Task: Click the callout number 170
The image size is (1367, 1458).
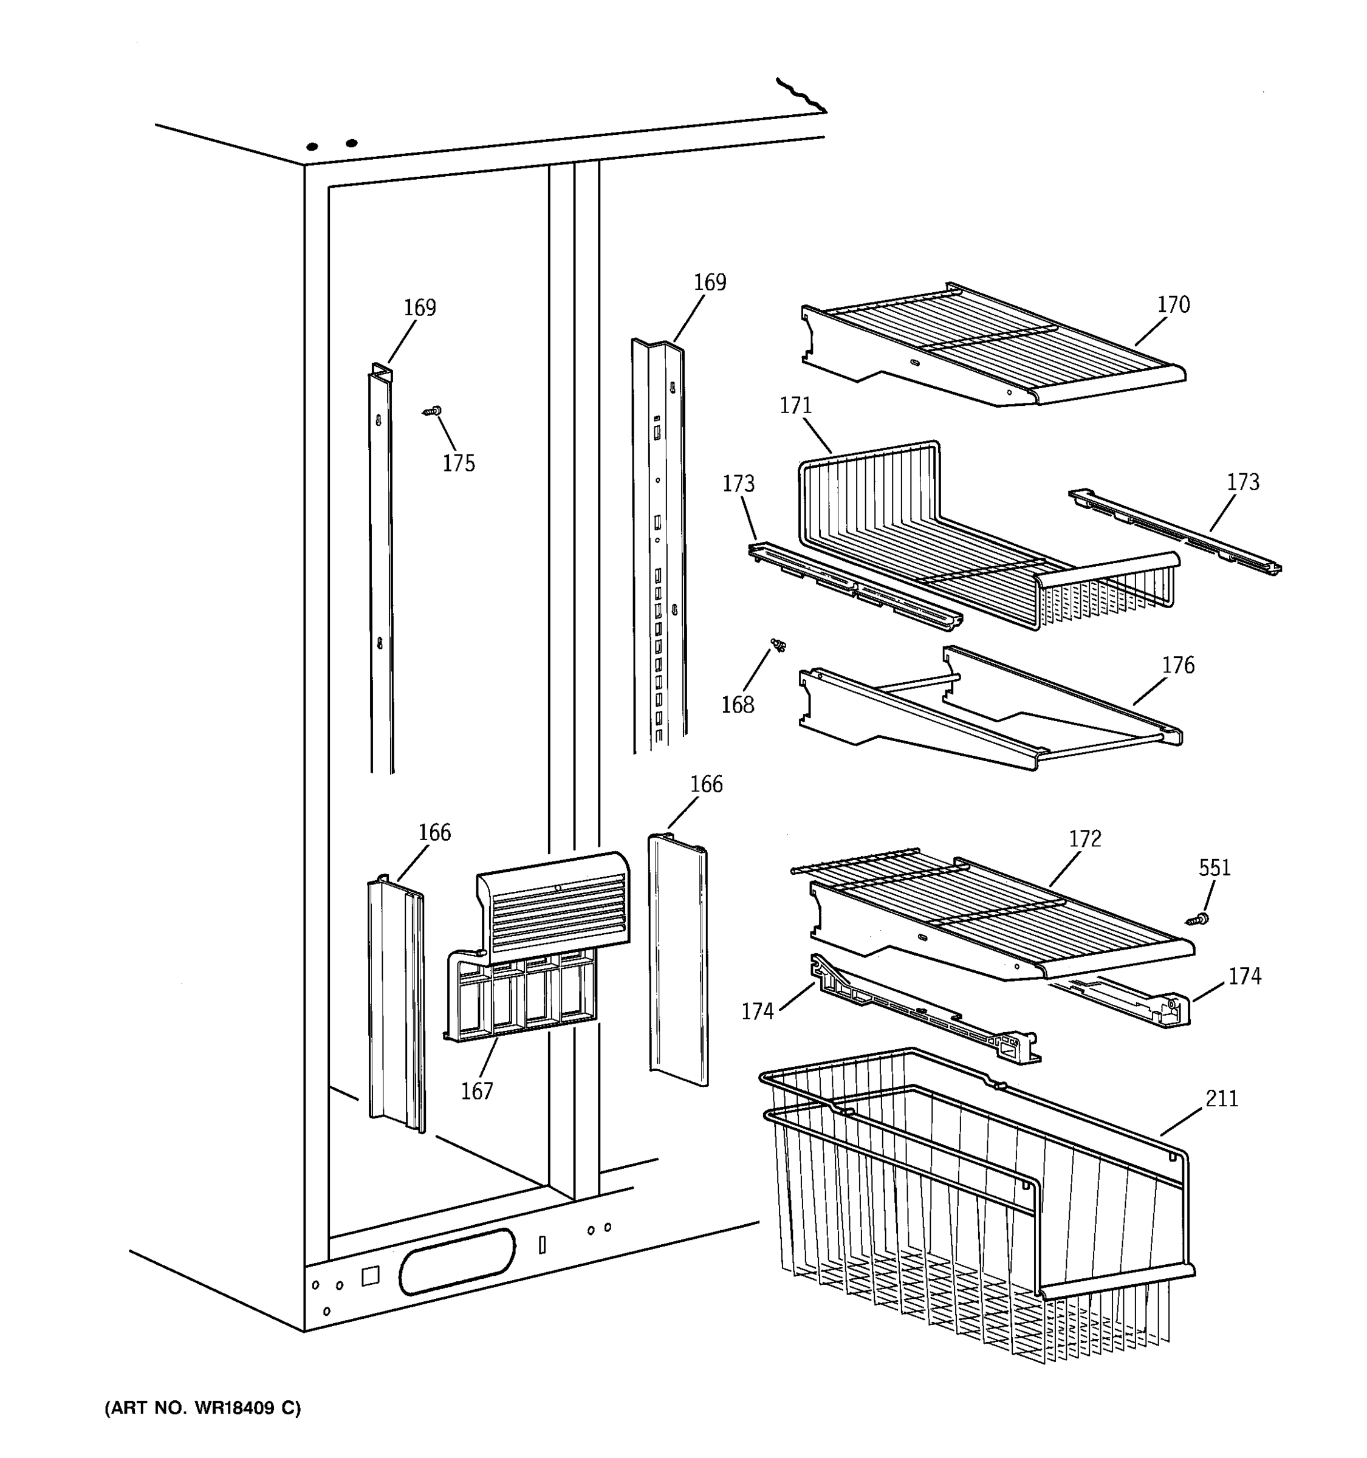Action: click(1173, 304)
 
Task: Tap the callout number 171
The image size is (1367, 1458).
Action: click(796, 406)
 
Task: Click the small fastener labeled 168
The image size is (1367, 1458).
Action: click(778, 645)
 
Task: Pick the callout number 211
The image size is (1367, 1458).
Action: click(1222, 1098)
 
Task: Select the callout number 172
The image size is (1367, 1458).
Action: click(1084, 839)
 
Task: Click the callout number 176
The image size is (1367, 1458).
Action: click(1178, 665)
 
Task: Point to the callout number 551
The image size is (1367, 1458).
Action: click(1215, 868)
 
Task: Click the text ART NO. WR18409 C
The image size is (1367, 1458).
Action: click(202, 1408)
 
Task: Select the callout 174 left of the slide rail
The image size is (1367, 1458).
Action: click(758, 1012)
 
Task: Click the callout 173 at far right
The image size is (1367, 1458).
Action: click(1243, 482)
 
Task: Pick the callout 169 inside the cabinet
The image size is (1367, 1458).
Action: click(419, 307)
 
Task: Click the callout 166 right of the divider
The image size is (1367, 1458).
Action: click(706, 785)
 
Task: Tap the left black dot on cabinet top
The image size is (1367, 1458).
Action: click(312, 146)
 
